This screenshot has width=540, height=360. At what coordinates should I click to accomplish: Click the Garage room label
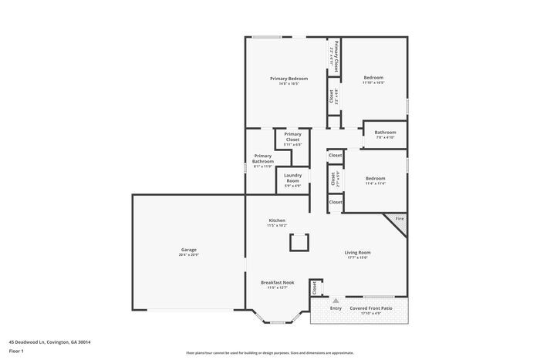point(189,249)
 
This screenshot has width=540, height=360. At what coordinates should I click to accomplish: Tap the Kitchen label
point(277,220)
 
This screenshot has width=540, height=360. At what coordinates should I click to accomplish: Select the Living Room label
point(357,252)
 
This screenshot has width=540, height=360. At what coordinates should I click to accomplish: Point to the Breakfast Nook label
point(277,283)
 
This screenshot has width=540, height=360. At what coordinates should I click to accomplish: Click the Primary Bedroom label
point(289,78)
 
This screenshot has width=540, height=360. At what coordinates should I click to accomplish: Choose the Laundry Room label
point(292,178)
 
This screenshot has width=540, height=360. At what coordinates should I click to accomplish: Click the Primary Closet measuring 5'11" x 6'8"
point(292,136)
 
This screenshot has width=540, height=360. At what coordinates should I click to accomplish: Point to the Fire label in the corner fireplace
point(400,219)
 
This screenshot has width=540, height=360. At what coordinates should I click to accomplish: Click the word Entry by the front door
point(336,308)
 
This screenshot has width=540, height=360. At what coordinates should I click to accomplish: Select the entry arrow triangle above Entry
point(336,299)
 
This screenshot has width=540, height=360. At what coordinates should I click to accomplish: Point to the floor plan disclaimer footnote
point(269,353)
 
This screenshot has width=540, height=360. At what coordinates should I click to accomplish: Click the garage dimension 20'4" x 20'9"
point(189,254)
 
